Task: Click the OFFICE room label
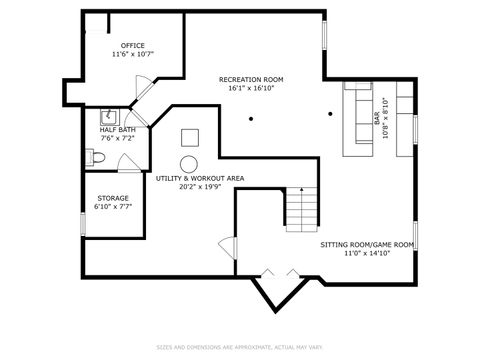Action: click(x=133, y=45)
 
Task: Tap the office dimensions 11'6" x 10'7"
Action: click(x=133, y=54)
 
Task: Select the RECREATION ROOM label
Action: click(x=251, y=78)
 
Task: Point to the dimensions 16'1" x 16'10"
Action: click(x=251, y=88)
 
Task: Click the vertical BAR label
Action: click(x=378, y=119)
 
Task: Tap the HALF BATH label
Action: click(x=117, y=129)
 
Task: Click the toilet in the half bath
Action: click(x=95, y=158)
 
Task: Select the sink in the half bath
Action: click(x=109, y=114)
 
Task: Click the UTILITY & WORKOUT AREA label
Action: click(x=200, y=178)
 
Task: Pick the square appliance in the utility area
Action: click(x=190, y=138)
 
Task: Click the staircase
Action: click(x=301, y=208)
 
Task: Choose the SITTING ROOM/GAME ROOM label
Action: click(x=366, y=245)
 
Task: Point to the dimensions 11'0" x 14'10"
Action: click(x=366, y=254)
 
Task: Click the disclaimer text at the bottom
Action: click(x=240, y=348)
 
